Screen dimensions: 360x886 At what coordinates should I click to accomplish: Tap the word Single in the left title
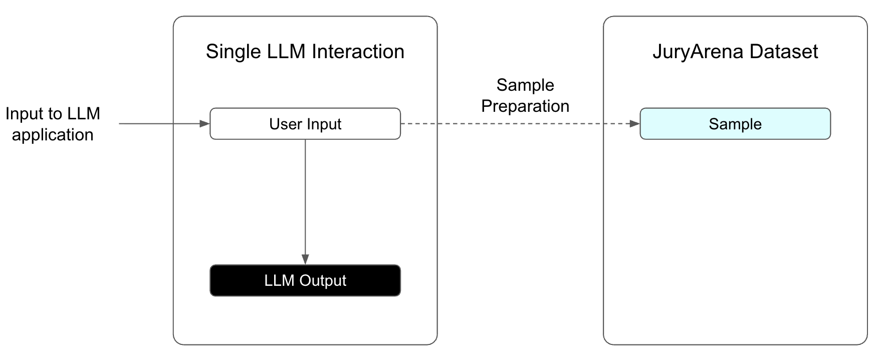[x=233, y=52]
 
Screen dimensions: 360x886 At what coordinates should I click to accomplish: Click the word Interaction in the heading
[x=358, y=52]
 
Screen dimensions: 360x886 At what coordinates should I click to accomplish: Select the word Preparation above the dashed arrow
[x=525, y=106]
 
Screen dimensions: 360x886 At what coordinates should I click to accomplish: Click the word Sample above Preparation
[x=525, y=85]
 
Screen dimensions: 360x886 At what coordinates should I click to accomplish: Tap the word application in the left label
[x=53, y=135]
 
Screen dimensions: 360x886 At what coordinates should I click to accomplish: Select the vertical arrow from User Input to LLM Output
[x=305, y=201]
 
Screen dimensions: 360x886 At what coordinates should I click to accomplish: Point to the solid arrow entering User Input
[x=160, y=124]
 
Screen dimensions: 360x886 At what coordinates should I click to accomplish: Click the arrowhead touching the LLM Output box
[x=305, y=259]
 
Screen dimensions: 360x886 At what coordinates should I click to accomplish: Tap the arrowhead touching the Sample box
[x=634, y=124]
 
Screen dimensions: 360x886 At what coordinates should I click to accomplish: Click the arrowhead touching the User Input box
[x=204, y=124]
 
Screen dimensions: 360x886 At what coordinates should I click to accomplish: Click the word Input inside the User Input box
[x=323, y=124]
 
